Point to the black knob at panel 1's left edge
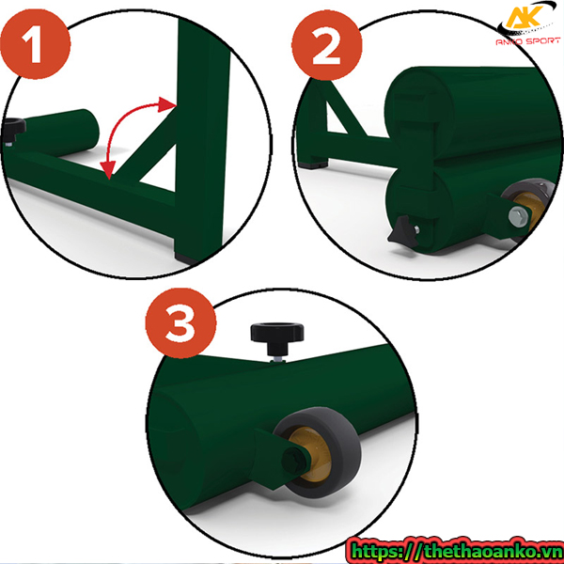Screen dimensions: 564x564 point(14,132)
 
